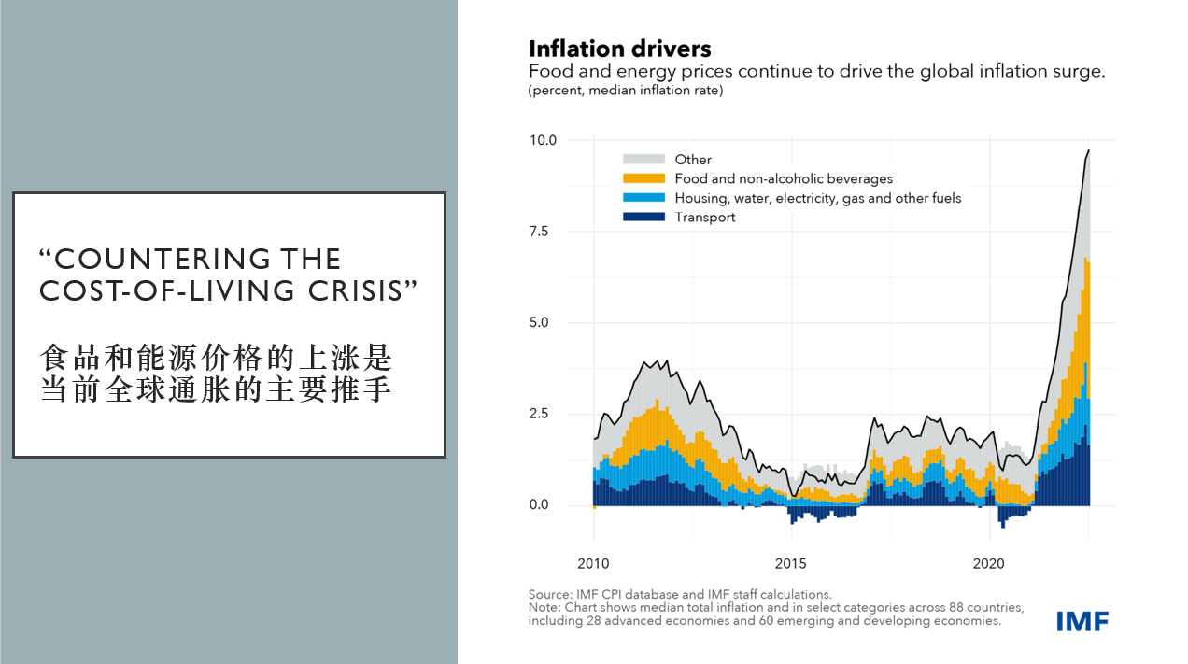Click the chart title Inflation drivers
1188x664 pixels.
[x=619, y=49]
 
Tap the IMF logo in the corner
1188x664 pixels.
[x=1082, y=621]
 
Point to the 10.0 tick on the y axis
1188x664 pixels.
[x=543, y=140]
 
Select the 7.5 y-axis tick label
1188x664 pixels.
[x=539, y=232]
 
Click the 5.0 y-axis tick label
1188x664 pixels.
[x=539, y=322]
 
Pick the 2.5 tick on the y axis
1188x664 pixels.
[x=539, y=414]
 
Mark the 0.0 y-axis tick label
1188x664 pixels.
[x=539, y=504]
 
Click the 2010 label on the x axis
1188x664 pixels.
[x=593, y=563]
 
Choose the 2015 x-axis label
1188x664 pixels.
[x=791, y=563]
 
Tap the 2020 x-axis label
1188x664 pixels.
[x=988, y=563]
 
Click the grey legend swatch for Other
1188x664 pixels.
[x=643, y=159]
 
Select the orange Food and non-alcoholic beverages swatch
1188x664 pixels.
[x=643, y=178]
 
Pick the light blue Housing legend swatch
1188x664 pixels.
[x=643, y=198]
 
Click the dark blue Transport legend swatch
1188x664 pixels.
[x=643, y=217]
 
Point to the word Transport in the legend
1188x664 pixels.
[x=705, y=218]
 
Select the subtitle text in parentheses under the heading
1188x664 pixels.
[x=626, y=91]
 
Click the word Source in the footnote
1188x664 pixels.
[x=549, y=595]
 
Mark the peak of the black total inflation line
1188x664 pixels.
[x=1088, y=150]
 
